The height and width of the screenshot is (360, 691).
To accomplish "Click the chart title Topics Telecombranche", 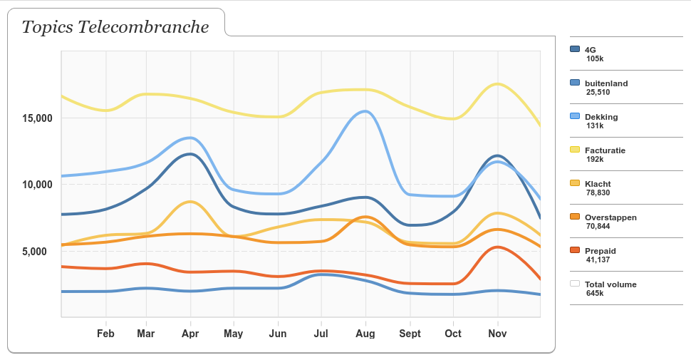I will pos(115,27).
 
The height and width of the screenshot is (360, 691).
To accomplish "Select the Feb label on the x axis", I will pos(105,334).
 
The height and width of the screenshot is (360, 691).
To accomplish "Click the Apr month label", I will pos(190,334).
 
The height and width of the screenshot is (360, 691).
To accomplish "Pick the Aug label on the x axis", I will pos(365,334).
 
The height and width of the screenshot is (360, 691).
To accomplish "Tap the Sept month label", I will pos(410,334).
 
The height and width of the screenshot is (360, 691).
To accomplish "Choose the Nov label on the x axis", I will pos(497,334).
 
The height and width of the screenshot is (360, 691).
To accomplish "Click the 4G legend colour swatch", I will pos(575,49).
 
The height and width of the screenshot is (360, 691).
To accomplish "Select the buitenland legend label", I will pos(606,83).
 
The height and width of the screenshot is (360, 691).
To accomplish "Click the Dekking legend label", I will pos(601,117).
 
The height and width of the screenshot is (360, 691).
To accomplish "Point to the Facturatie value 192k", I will pos(595,159).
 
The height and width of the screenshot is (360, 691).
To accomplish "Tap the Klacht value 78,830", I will pos(598,192).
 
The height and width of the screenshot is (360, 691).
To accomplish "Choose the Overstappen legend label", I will pos(611,217).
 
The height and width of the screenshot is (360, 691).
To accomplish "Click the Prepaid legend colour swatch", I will pos(575,250).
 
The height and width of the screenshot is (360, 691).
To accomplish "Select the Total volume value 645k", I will pos(595,293).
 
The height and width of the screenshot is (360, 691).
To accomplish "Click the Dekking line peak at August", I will pos(365,111).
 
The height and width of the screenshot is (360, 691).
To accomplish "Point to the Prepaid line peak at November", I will pos(497,247).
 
